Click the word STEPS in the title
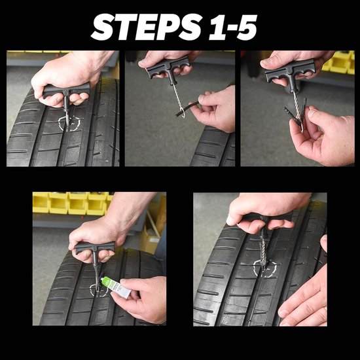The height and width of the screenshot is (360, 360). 146,27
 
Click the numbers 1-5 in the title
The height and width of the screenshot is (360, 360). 233,27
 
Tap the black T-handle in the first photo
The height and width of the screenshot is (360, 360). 66,92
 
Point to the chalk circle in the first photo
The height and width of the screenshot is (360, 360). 69,123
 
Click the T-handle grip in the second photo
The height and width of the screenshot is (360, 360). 168,67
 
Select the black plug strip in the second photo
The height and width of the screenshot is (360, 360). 187,109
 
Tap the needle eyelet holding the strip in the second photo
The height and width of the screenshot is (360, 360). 183,114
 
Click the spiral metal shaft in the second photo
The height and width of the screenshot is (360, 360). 177,96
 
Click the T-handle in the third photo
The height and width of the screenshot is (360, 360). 290,71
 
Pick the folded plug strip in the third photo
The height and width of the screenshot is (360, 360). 296,113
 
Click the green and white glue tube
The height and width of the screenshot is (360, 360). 116,287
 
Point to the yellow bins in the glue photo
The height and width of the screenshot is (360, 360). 71,203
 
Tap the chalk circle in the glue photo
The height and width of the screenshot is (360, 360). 99,290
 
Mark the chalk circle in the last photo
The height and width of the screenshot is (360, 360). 266,268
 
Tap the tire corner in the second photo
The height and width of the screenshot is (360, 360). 213,147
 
